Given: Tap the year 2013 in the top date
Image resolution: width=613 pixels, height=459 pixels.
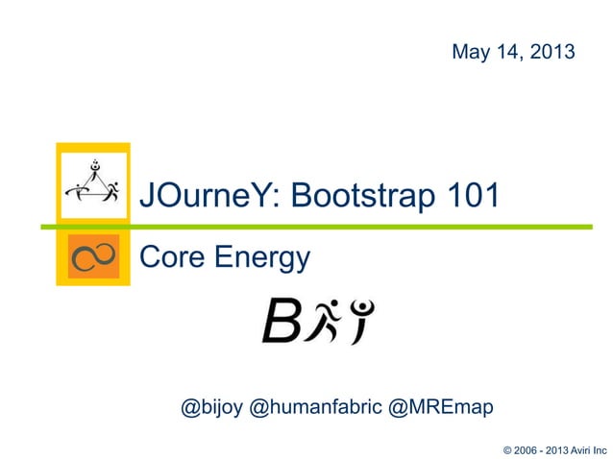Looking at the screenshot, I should pyautogui.click(x=552, y=52).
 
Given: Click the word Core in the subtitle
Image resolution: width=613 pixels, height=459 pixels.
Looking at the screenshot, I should pyautogui.click(x=170, y=257).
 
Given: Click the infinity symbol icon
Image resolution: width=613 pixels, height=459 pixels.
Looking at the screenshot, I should pyautogui.click(x=93, y=256).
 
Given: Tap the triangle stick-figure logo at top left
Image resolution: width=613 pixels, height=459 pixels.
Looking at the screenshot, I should pyautogui.click(x=92, y=182).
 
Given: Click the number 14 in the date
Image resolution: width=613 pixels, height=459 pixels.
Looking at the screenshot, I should pyautogui.click(x=504, y=52).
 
